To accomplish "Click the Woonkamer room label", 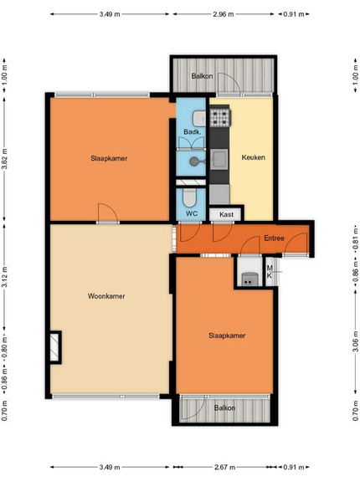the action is [106, 296].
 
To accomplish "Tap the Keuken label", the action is [254, 157].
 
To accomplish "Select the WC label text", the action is [192, 213].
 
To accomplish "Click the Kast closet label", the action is [226, 214].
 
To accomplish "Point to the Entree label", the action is [274, 238].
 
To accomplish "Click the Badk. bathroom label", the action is [193, 132].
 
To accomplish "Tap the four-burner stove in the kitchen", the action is [220, 117].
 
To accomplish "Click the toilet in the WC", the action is [189, 197].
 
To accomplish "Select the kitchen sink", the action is [219, 159].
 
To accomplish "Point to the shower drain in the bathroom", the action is [193, 161].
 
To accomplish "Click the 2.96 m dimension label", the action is [224, 14].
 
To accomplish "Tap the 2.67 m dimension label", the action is [224, 467].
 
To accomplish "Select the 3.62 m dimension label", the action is [4, 159].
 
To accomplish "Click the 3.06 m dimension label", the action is [356, 342].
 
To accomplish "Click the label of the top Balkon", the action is [202, 76].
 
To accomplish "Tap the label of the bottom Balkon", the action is [224, 408].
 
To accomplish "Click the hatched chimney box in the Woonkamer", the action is [55, 347].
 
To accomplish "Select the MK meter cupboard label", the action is [270, 271].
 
